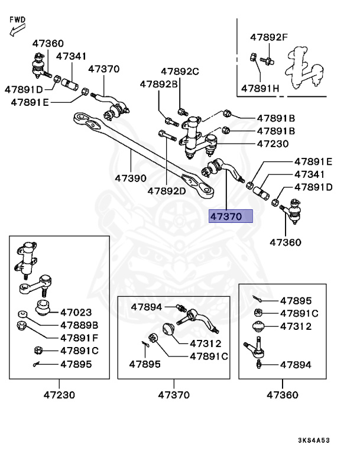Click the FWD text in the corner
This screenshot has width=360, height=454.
tap(18, 20)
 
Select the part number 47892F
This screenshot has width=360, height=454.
tap(268, 38)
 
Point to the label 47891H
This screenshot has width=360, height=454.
tap(260, 89)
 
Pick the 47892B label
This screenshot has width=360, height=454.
tap(158, 85)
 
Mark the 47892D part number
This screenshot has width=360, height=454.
tap(167, 191)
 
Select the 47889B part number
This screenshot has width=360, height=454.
tap(79, 325)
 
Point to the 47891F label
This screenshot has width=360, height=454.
tap(79, 338)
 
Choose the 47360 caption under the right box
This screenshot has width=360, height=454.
tap(282, 394)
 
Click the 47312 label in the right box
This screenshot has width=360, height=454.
tap(296, 326)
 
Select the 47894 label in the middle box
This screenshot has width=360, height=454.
tap(147, 307)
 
